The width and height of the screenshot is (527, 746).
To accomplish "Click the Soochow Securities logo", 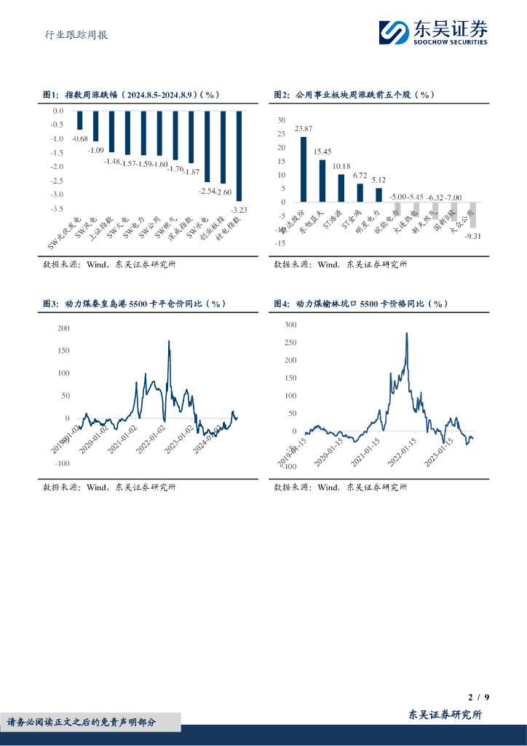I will pyautogui.click(x=432, y=32).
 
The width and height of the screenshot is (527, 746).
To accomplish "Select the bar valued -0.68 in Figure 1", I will pyautogui.click(x=80, y=120).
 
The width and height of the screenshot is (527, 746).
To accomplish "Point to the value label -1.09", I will pyautogui.click(x=96, y=150).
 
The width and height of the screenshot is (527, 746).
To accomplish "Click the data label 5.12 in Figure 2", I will pyautogui.click(x=379, y=179).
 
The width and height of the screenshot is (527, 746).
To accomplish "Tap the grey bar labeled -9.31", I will pyautogui.click(x=472, y=215).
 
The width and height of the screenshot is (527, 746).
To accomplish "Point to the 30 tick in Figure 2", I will pyautogui.click(x=282, y=119).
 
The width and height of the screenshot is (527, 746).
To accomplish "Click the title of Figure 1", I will pyautogui.click(x=131, y=95).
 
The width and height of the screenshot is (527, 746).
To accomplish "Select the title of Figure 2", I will pyautogui.click(x=354, y=95).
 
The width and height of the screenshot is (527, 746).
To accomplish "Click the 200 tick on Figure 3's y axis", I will pyautogui.click(x=63, y=329).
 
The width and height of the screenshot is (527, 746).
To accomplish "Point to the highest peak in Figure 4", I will pyautogui.click(x=406, y=334).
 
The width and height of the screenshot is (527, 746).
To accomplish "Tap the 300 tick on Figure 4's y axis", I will pyautogui.click(x=290, y=324).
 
